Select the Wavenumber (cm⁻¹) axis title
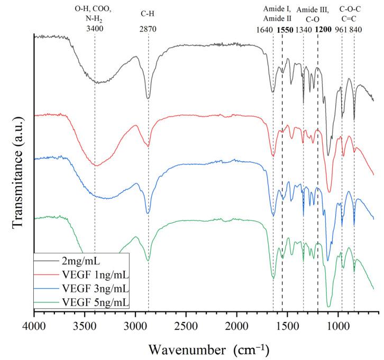click(208, 349)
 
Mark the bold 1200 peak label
click(323, 30)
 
